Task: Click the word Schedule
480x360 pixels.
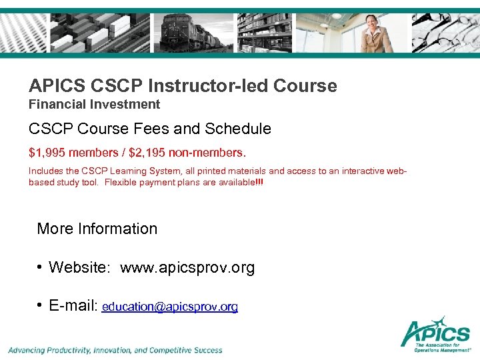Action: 241,129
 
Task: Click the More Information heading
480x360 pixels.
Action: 97,229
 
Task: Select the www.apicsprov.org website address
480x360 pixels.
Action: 187,268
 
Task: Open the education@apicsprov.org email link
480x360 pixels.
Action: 170,307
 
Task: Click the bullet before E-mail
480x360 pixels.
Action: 41,306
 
